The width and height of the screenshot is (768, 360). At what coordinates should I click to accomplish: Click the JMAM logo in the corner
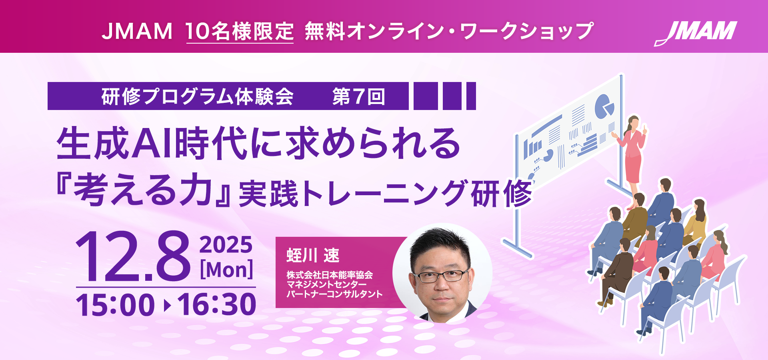tap(696, 33)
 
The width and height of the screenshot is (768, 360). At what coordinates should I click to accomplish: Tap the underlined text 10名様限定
tap(240, 31)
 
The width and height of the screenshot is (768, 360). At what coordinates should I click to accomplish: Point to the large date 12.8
tap(132, 256)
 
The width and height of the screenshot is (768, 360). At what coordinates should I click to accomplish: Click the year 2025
tap(226, 245)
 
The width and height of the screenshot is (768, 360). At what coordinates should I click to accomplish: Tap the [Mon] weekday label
tap(226, 270)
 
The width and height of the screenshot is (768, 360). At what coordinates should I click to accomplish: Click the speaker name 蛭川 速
tap(313, 255)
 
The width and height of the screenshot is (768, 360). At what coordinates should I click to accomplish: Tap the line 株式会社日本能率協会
tap(330, 275)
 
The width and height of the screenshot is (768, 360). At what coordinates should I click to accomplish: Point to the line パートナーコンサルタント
tap(334, 294)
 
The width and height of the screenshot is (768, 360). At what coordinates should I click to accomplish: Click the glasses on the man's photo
tap(441, 275)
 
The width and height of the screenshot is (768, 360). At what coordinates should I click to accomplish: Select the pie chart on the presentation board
tap(604, 106)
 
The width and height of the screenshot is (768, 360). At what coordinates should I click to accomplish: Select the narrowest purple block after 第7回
tap(471, 96)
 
